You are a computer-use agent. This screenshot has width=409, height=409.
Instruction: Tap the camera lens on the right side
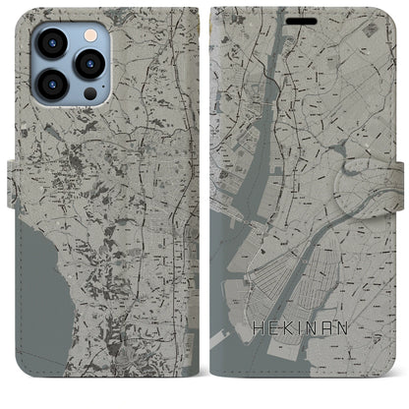click(90, 65)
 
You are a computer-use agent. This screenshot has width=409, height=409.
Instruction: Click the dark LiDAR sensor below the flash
click(90, 95)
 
